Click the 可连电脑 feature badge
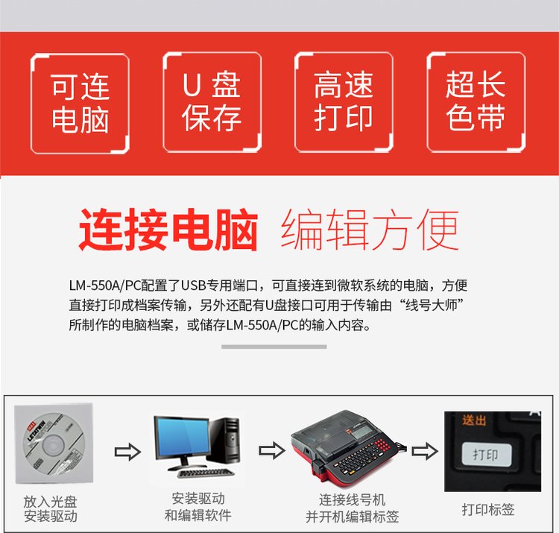click(80, 104)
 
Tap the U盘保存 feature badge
click(212, 102)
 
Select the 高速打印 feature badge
click(344, 102)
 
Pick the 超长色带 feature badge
click(476, 102)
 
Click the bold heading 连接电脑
click(168, 230)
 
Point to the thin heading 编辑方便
click(370, 230)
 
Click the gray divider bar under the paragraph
click(274, 347)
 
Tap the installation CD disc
click(54, 444)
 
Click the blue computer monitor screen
click(182, 438)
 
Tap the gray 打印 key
click(486, 454)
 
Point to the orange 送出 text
click(474, 420)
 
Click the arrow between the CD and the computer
click(127, 452)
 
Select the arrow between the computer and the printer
click(271, 450)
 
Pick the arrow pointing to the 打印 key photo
click(425, 451)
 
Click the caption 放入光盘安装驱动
click(50, 508)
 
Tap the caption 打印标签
click(488, 509)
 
